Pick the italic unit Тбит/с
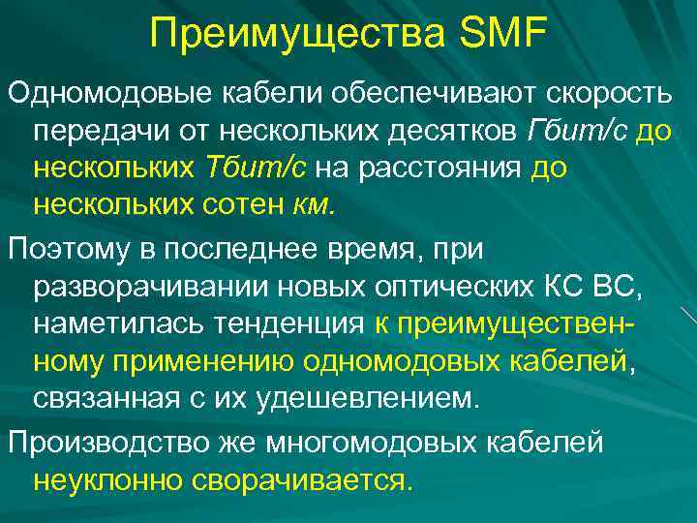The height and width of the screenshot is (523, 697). click(256, 167)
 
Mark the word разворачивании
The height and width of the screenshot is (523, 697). click(137, 288)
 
